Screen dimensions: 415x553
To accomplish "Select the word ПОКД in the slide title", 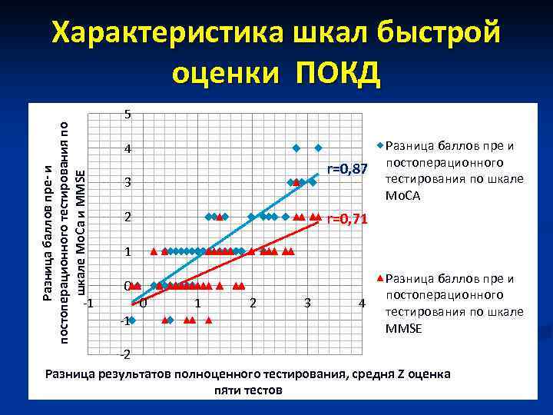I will click(x=338, y=74).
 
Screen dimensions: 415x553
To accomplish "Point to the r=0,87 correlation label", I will click(x=349, y=168).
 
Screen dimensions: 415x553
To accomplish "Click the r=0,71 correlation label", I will click(x=348, y=220).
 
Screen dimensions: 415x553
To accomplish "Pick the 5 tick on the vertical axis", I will click(x=127, y=115).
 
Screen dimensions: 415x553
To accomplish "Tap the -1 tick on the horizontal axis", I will click(x=88, y=302).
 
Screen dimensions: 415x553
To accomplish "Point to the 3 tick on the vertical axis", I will click(x=127, y=183).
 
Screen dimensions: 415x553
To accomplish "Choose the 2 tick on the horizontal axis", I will click(x=253, y=303).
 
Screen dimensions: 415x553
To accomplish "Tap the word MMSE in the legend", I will click(x=403, y=329).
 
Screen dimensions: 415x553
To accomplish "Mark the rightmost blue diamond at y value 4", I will click(x=318, y=148).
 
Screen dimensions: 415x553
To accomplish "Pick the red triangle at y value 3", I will click(x=296, y=182).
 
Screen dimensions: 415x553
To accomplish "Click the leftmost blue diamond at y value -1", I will click(x=132, y=320).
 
